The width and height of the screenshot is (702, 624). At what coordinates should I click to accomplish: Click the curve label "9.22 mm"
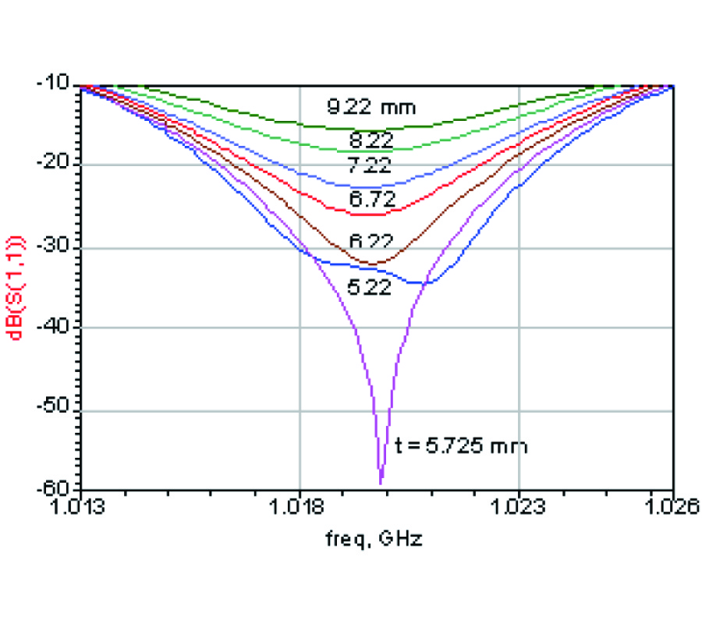pyautogui.click(x=371, y=108)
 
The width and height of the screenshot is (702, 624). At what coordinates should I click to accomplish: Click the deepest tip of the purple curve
pyautogui.click(x=381, y=484)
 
